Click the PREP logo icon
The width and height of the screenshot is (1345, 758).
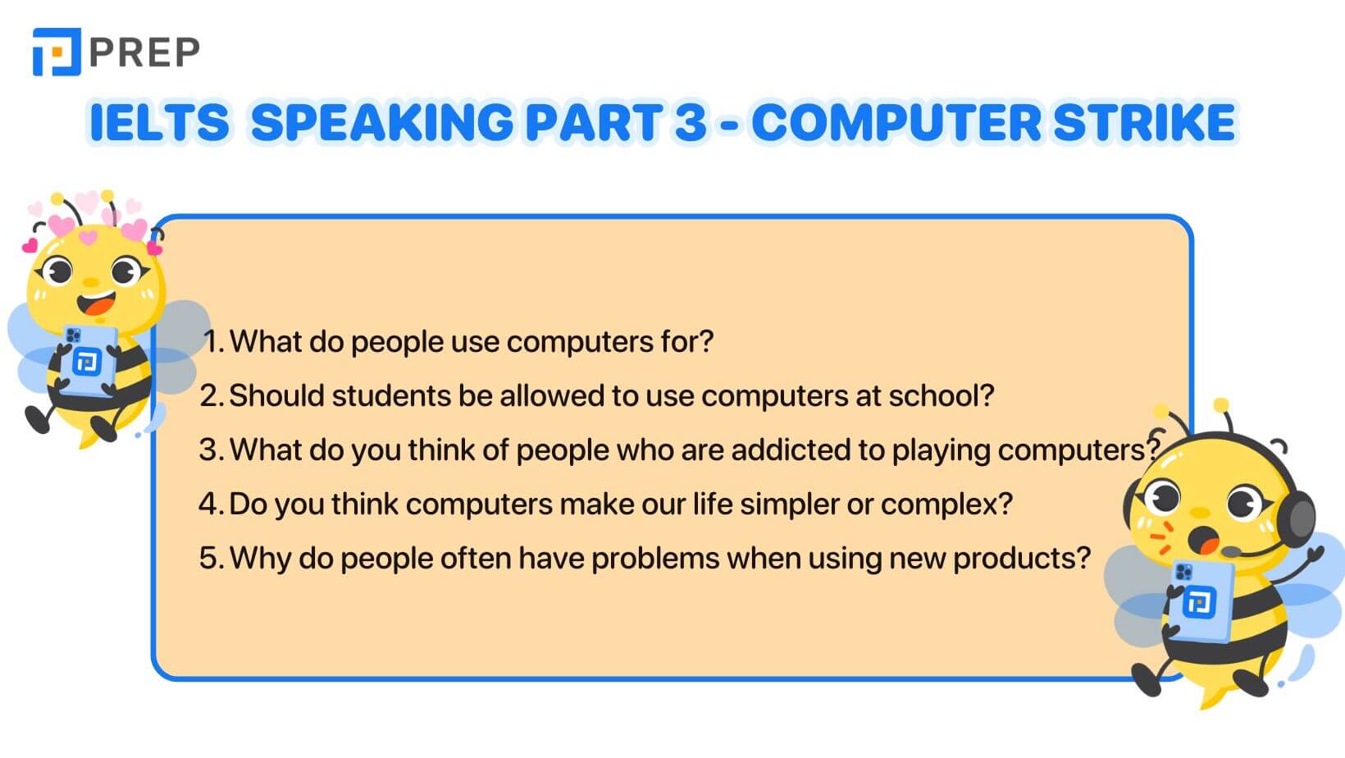tap(57, 52)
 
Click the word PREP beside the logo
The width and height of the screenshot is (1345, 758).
tap(144, 52)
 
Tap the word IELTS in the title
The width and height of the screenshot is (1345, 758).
tap(159, 122)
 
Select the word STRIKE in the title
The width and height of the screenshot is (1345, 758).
tap(1144, 122)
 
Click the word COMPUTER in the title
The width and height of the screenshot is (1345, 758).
tap(896, 122)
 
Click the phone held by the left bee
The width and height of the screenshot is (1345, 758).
tap(89, 360)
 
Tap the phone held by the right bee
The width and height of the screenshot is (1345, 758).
tap(1201, 601)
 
